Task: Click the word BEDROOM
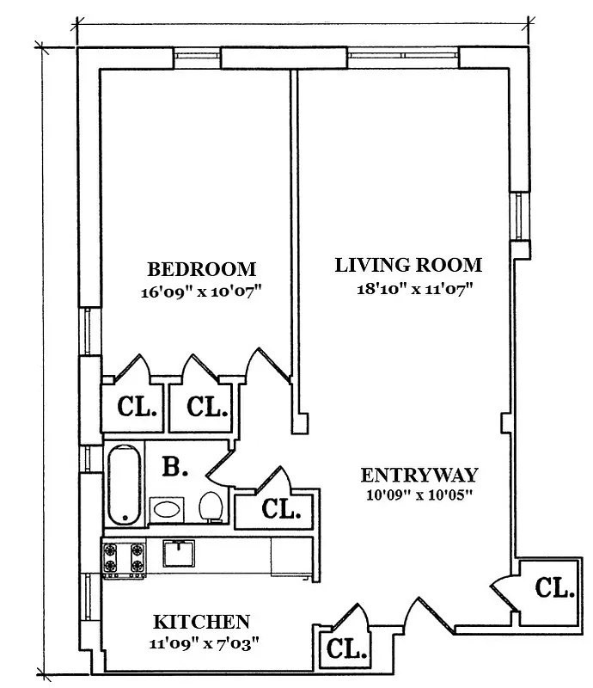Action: pyautogui.click(x=201, y=268)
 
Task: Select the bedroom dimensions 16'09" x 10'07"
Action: pyautogui.click(x=201, y=292)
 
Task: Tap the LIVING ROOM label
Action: pyautogui.click(x=408, y=265)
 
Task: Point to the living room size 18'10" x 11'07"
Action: pyautogui.click(x=416, y=288)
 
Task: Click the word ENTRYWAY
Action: pyautogui.click(x=419, y=475)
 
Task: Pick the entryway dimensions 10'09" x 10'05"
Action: pyautogui.click(x=419, y=494)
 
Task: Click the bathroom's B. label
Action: pyautogui.click(x=175, y=469)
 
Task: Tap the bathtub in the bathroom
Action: pyautogui.click(x=125, y=484)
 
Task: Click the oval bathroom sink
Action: pyautogui.click(x=166, y=509)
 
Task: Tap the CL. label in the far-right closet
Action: pyautogui.click(x=554, y=589)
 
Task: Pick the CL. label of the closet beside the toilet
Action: pyautogui.click(x=280, y=510)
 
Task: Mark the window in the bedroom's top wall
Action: pyautogui.click(x=199, y=56)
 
